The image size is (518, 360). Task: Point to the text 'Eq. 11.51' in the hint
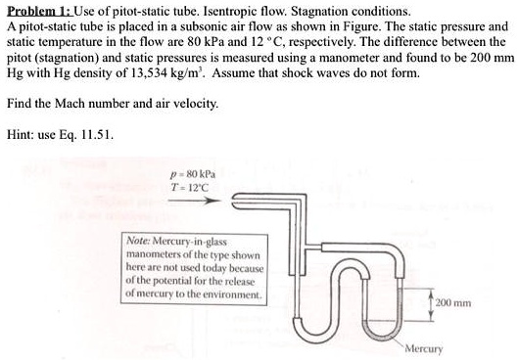89,135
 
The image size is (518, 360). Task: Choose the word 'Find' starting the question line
19,104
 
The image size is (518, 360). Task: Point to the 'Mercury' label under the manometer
423,348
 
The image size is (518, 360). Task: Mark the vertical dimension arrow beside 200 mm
431,303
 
